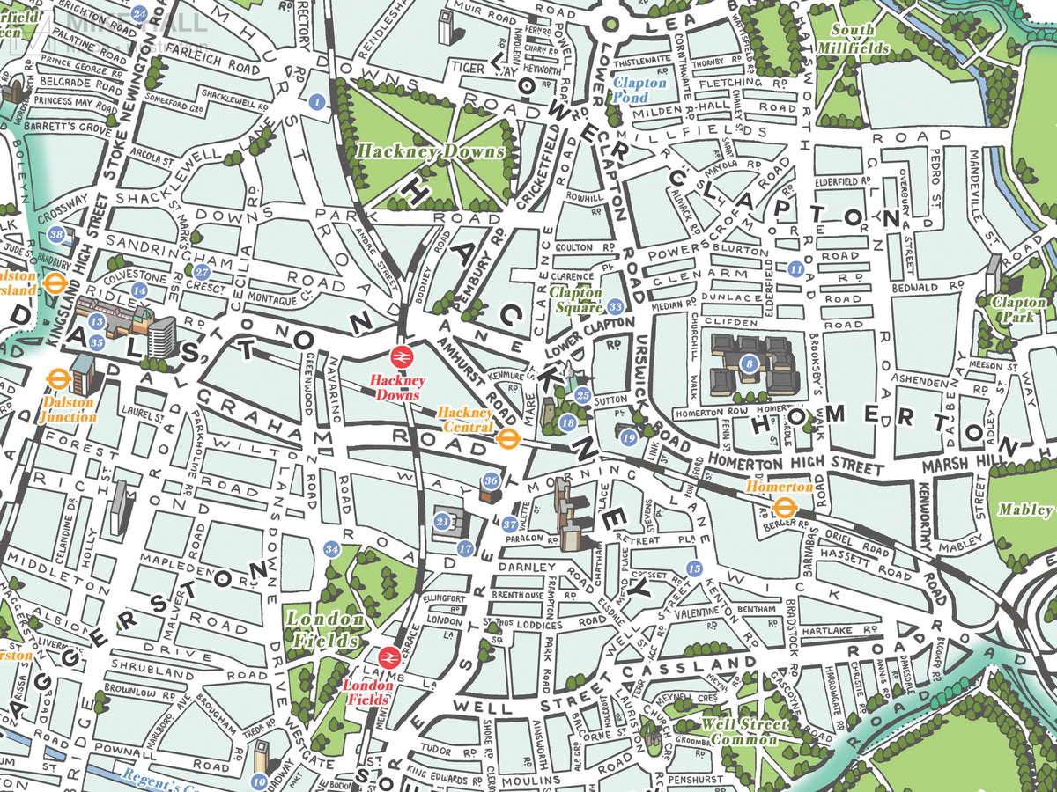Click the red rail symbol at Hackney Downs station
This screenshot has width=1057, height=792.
point(399,356)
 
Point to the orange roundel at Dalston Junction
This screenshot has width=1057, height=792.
point(57,378)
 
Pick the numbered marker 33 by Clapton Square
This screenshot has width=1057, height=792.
point(616,307)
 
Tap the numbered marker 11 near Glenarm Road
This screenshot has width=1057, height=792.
point(795,268)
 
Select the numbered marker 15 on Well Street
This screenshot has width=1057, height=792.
point(694,568)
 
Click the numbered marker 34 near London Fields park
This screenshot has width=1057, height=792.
point(331,550)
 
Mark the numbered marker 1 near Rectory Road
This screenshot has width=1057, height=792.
point(317,102)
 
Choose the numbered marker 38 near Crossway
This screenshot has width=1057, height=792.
point(57,234)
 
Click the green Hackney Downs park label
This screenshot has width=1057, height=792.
point(430,151)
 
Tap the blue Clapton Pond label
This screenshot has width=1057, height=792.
point(639,90)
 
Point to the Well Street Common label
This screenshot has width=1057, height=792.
point(740,731)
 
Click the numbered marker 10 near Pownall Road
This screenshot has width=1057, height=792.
point(259,780)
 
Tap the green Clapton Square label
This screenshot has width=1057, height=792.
point(576,300)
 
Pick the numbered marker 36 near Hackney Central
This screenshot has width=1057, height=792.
point(492,481)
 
